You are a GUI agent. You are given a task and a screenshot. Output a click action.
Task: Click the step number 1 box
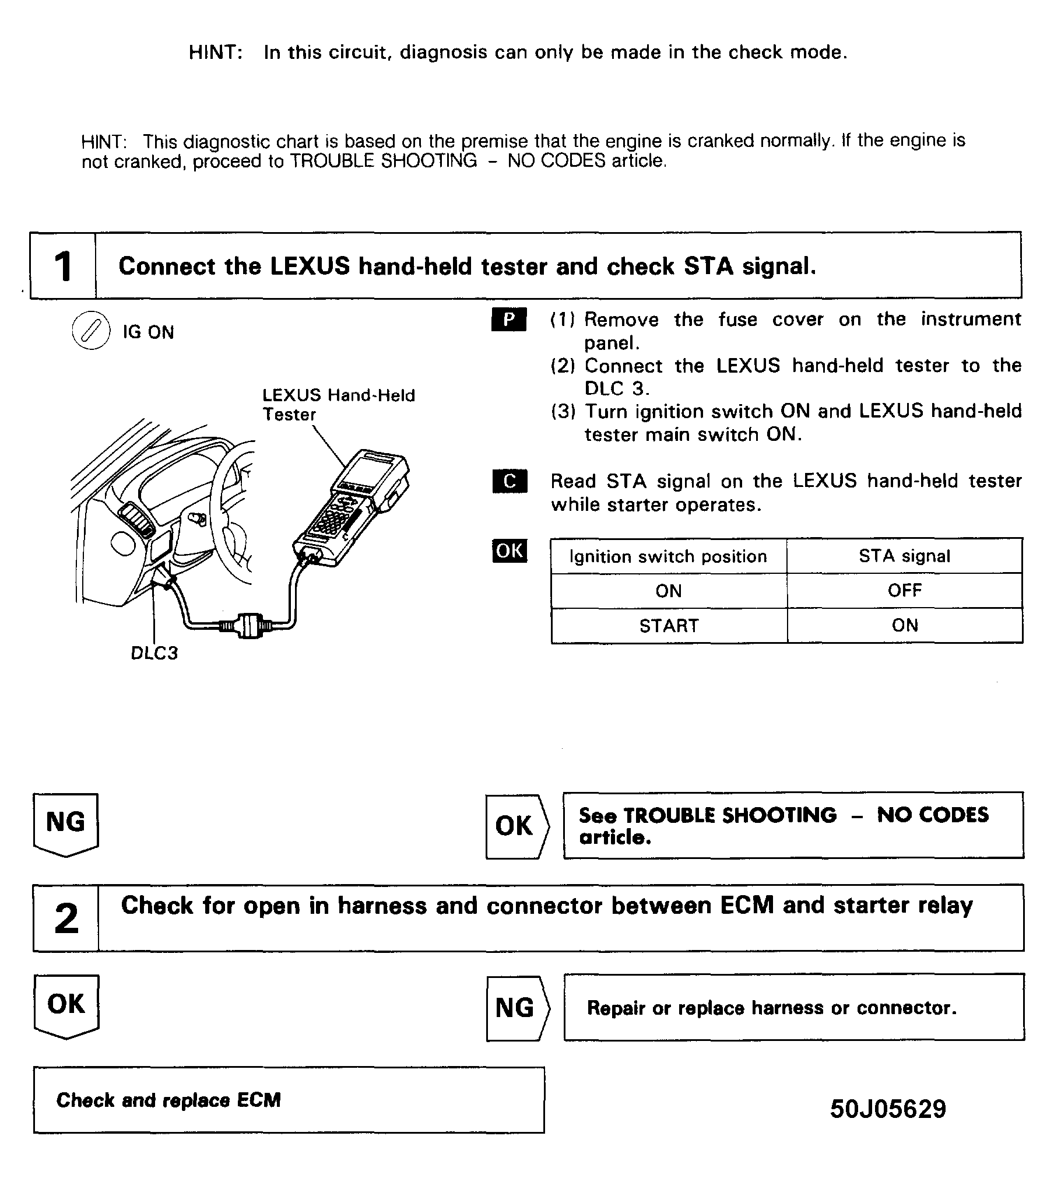point(63,267)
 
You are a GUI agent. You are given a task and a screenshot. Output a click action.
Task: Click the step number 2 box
point(66,918)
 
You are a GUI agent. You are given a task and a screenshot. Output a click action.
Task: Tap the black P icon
point(509,320)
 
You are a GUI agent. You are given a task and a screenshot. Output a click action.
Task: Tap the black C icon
point(510,481)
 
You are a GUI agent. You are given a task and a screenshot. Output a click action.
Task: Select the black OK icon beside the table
point(510,551)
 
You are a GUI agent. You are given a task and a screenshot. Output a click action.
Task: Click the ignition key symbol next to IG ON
point(90,331)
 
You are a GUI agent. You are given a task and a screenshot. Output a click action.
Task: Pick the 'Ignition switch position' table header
point(668,556)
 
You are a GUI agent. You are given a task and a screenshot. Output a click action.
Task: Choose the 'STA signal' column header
point(904,556)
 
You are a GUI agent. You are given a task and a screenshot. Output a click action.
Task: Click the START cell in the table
point(669,626)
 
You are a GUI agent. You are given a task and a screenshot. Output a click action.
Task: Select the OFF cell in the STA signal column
point(904,591)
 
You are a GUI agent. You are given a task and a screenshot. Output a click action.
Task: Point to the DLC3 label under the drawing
point(154,653)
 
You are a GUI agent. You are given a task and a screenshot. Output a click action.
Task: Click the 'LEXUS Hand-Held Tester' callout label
point(338,405)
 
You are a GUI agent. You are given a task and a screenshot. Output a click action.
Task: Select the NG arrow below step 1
point(66,823)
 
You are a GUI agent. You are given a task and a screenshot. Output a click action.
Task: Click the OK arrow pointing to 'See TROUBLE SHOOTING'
point(516,826)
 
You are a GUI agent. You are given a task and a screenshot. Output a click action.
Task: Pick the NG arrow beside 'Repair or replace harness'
point(517,1008)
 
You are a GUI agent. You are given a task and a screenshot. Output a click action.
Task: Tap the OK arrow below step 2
point(66,1005)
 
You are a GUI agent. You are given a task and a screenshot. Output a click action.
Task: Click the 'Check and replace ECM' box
point(289,1100)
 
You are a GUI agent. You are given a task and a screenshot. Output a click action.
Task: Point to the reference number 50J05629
point(888,1109)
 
